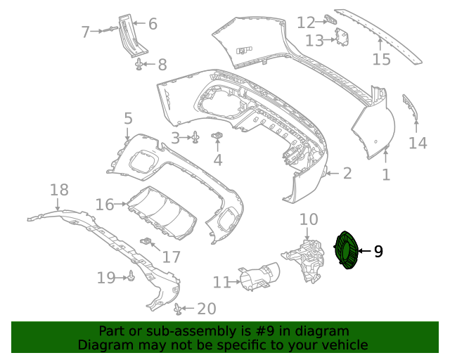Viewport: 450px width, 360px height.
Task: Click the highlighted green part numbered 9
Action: pos(346,250)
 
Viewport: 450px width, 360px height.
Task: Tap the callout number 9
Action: pos(378,251)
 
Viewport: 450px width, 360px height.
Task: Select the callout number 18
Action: pos(59,189)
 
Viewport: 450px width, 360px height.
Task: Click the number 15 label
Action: pos(381,60)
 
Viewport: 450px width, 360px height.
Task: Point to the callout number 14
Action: pos(418,143)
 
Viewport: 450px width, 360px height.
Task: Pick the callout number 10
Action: pos(309,220)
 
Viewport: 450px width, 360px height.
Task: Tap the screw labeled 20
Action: pos(178,308)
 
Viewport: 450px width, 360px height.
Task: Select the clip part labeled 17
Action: pos(148,243)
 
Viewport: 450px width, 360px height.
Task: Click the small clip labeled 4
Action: pos(218,135)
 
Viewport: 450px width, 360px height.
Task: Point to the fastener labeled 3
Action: pos(195,137)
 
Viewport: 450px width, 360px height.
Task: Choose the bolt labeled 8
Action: pos(140,65)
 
